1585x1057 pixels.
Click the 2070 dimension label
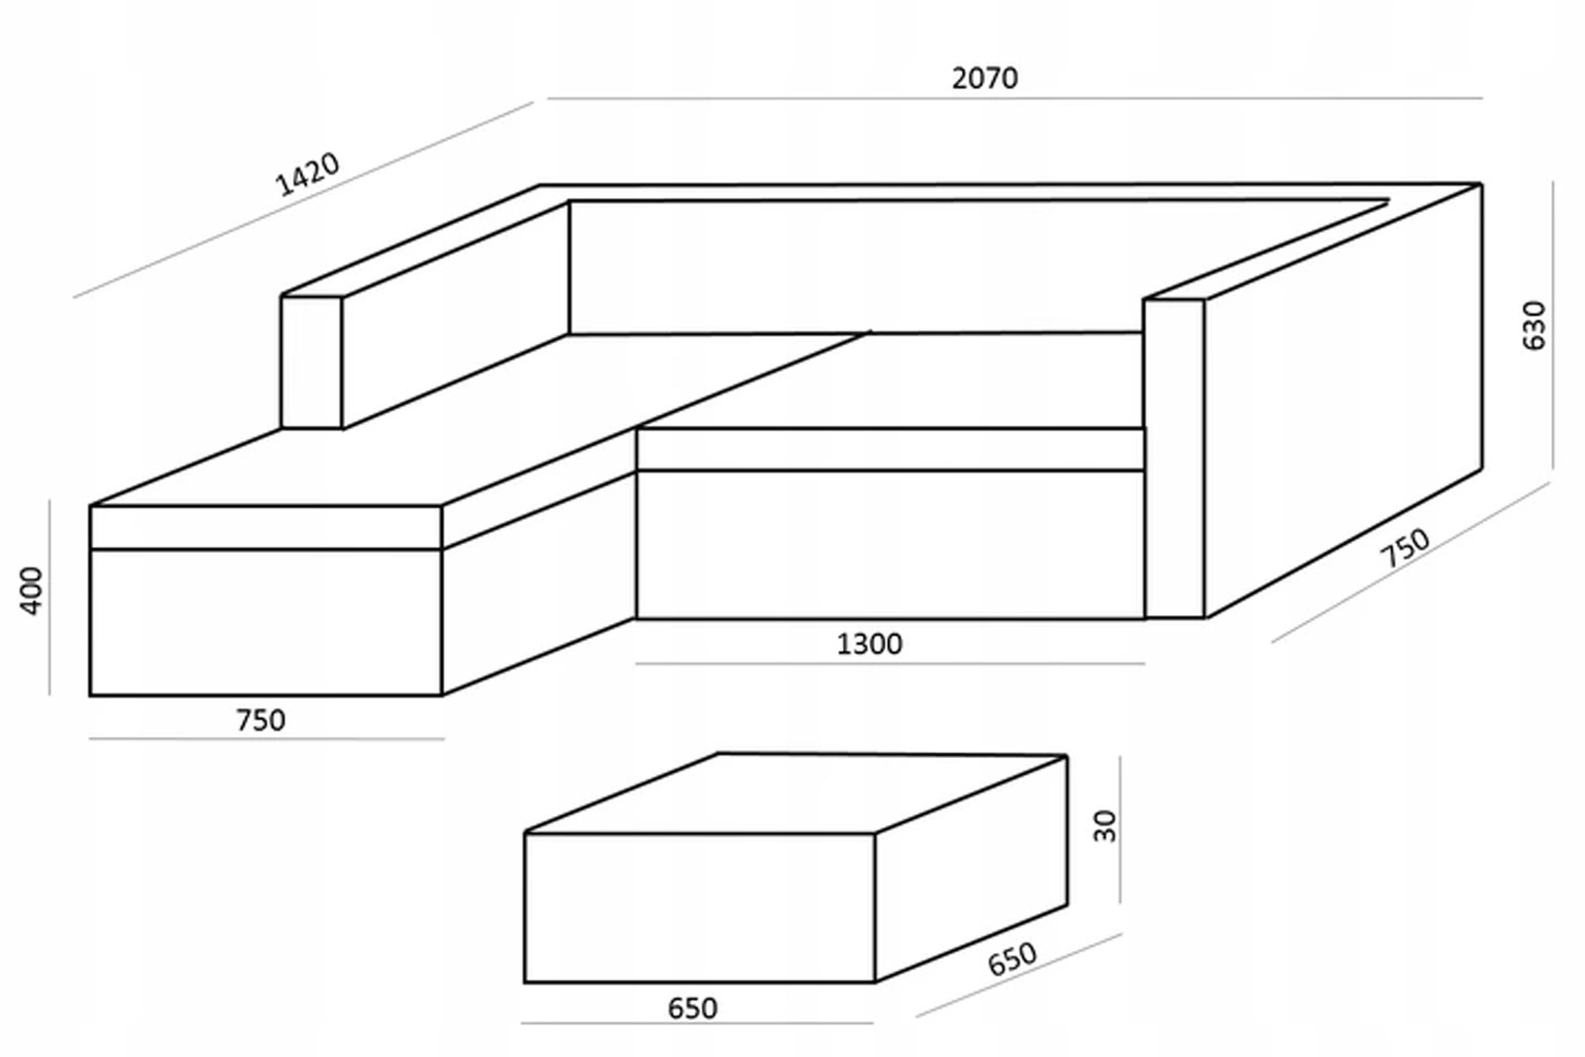click(x=985, y=77)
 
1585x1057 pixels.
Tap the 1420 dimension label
click(x=307, y=174)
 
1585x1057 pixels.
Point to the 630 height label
click(x=1532, y=325)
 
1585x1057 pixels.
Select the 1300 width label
click(x=869, y=645)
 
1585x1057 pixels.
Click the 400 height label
click(x=32, y=590)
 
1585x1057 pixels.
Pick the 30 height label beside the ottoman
click(x=1105, y=825)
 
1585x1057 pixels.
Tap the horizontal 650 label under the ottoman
click(x=692, y=1008)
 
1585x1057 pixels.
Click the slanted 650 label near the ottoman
click(x=1011, y=958)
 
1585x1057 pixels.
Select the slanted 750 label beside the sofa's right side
click(x=1406, y=548)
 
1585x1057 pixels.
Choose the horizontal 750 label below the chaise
click(x=261, y=720)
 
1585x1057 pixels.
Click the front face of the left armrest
click(x=311, y=362)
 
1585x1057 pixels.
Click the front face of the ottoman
click(x=699, y=907)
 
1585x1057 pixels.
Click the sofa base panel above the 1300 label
click(x=890, y=545)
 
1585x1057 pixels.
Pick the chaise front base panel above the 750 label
click(x=264, y=622)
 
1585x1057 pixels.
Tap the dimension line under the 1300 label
click(x=890, y=664)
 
